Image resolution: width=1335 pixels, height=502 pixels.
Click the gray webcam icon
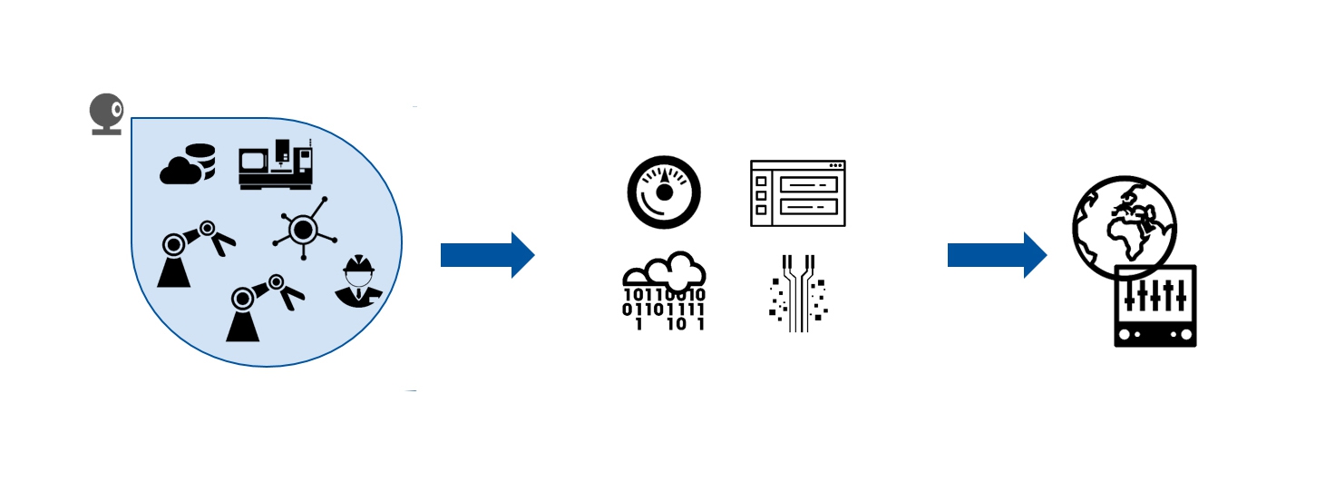click(x=107, y=113)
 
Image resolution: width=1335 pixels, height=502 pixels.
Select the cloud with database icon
click(x=188, y=164)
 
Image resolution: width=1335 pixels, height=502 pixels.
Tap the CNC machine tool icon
click(x=276, y=164)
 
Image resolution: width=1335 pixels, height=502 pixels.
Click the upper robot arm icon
click(x=196, y=254)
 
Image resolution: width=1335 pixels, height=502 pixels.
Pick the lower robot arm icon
click(x=265, y=308)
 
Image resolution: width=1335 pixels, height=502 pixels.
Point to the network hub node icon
click(x=305, y=229)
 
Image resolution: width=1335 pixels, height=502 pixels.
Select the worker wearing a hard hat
click(x=359, y=281)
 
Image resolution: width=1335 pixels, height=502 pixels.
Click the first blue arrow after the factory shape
click(x=488, y=255)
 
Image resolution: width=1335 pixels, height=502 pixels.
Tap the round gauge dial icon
click(x=664, y=192)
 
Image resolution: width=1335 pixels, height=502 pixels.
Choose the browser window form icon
click(x=798, y=193)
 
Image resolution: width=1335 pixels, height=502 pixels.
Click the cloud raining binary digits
click(x=664, y=291)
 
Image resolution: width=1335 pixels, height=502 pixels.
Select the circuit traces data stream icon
click(x=798, y=293)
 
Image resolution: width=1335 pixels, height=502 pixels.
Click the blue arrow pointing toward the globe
click(x=997, y=255)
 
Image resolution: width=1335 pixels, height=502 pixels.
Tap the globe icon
click(x=1124, y=228)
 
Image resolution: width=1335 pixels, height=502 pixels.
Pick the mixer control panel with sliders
click(x=1155, y=306)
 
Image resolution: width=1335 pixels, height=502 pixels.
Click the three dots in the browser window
click(x=836, y=165)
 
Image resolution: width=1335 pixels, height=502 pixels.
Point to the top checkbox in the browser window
click(x=761, y=182)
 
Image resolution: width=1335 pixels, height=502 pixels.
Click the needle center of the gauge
click(x=664, y=192)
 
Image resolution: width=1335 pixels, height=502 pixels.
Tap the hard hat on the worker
click(x=359, y=264)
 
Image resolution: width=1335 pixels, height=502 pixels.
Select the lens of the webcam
click(x=117, y=110)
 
